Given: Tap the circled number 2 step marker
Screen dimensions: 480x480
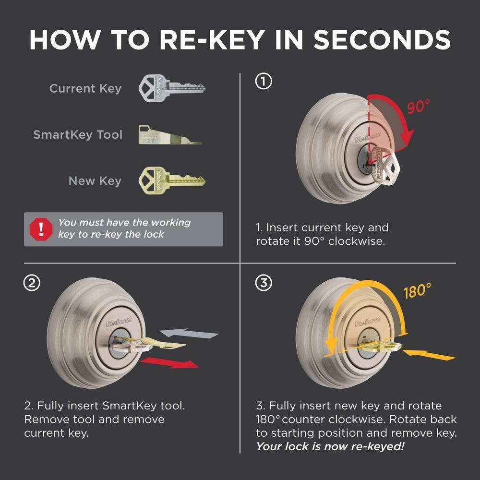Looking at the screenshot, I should click(32, 283).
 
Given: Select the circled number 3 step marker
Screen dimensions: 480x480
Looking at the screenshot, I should click(264, 283).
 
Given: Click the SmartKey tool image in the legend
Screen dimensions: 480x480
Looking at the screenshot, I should click(170, 134).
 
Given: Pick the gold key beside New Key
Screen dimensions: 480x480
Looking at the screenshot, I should click(171, 180).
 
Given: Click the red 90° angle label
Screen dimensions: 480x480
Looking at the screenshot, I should click(419, 107).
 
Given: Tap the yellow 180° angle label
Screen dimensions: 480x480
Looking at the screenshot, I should click(417, 291).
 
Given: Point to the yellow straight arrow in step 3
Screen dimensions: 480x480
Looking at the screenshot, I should click(429, 356).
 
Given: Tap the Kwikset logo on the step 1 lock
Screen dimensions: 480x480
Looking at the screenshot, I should click(363, 139).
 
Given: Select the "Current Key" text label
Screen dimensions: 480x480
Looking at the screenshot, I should click(85, 88).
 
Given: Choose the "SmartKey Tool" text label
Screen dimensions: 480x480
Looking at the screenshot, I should click(78, 135).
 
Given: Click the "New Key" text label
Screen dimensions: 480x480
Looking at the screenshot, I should click(95, 181).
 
